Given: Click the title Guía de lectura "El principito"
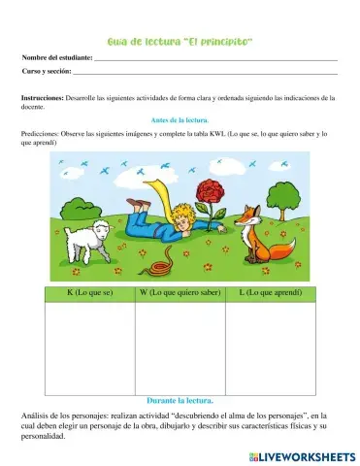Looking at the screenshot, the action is [x=180, y=42].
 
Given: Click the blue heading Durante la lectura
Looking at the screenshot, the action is [x=180, y=400].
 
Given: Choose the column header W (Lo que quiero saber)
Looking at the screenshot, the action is [x=180, y=292].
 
